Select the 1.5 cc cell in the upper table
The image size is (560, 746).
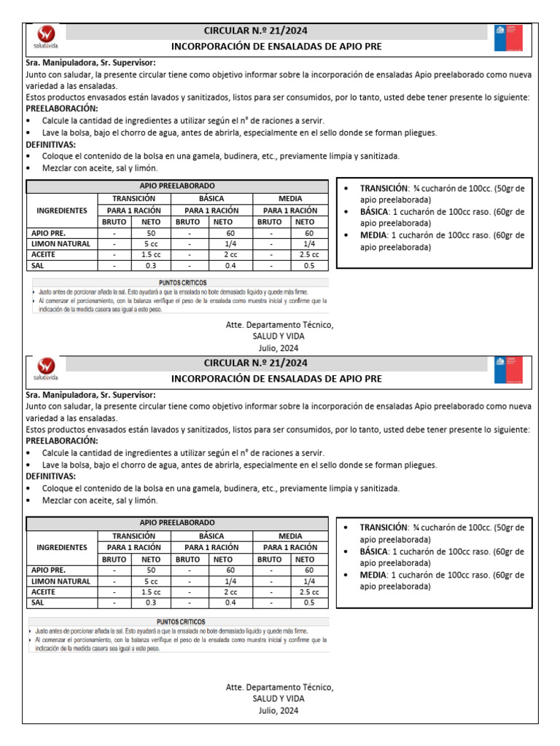click(151, 255)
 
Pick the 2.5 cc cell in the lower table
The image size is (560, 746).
click(309, 592)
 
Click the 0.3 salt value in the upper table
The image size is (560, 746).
click(151, 266)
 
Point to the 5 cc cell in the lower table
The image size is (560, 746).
click(151, 581)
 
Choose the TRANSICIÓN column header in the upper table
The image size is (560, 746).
click(133, 198)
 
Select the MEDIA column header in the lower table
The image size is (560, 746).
click(290, 535)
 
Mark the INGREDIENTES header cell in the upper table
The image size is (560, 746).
click(62, 210)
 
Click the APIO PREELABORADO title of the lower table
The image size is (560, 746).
click(177, 523)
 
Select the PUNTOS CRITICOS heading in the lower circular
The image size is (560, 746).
click(178, 621)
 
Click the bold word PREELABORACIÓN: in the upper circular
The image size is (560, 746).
click(61, 108)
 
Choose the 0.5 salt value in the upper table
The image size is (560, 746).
click(309, 266)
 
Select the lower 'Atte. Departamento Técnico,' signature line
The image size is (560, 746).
click(279, 688)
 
